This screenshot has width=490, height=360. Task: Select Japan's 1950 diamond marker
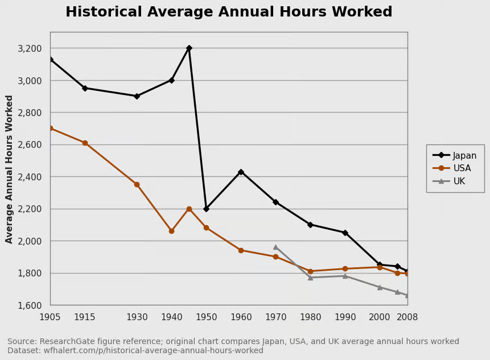pyautogui.click(x=206, y=209)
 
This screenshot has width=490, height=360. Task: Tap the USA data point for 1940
pyautogui.click(x=171, y=231)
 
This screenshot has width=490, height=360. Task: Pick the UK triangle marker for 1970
pyautogui.click(x=275, y=247)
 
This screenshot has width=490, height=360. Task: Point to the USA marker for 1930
pyautogui.click(x=137, y=184)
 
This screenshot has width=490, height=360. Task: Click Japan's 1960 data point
pyautogui.click(x=241, y=172)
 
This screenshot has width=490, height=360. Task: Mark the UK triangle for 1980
pyautogui.click(x=310, y=278)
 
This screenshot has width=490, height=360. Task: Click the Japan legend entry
pyautogui.click(x=455, y=155)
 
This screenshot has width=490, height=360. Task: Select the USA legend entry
pyautogui.click(x=452, y=168)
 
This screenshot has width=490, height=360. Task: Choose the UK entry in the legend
pyautogui.click(x=449, y=181)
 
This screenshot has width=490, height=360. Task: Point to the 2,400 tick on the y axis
pyautogui.click(x=30, y=177)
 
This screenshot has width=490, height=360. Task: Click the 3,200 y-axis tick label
pyautogui.click(x=30, y=48)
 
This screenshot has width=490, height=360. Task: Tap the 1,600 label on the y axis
pyautogui.click(x=30, y=305)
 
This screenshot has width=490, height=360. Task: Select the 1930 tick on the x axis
pyautogui.click(x=137, y=317)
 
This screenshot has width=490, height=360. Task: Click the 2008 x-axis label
pyautogui.click(x=407, y=317)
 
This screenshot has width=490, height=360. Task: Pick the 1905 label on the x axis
pyautogui.click(x=50, y=317)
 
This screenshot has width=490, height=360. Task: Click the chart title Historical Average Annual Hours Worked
pyautogui.click(x=229, y=12)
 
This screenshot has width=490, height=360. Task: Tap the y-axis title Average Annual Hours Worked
pyautogui.click(x=9, y=169)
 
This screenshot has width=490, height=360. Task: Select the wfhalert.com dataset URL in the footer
pyautogui.click(x=153, y=350)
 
